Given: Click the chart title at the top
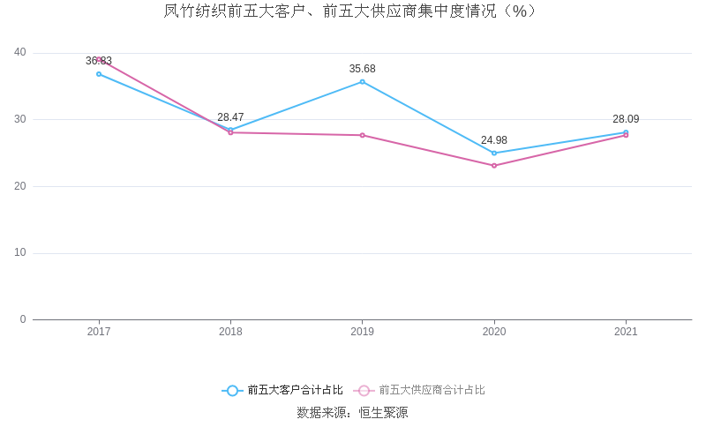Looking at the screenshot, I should click(351, 11).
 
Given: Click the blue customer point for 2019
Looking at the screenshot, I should click(362, 82).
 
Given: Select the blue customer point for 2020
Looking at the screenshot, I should click(494, 154).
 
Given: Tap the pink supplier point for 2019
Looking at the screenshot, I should click(362, 135).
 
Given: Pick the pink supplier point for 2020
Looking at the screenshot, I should click(494, 166).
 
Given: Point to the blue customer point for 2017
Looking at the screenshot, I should click(99, 74).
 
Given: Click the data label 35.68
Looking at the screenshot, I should click(362, 69).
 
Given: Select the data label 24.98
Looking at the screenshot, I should click(494, 140).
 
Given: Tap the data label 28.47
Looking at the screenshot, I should click(230, 117).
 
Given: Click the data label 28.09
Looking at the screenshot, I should click(626, 119).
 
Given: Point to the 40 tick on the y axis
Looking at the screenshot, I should click(20, 53).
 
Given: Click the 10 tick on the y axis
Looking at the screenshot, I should click(20, 253).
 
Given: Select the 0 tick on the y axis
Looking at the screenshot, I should click(23, 319).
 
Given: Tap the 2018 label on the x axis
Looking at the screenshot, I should click(230, 333).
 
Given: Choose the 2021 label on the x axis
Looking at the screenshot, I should click(626, 333).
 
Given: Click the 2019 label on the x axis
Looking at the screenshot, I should click(362, 333).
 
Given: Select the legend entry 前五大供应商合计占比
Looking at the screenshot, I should click(432, 390).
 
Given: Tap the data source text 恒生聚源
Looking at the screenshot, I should click(383, 412).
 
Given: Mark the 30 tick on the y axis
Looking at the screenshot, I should click(20, 119).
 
